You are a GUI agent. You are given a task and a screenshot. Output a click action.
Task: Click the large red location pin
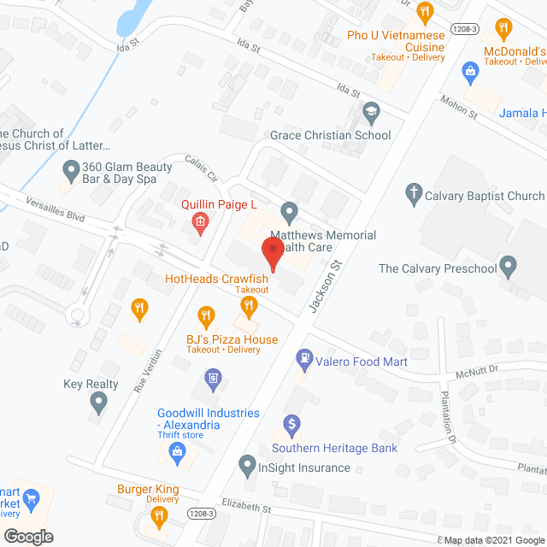tap(273, 255)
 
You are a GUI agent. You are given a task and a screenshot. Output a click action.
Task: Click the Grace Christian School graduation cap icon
tap(371, 111)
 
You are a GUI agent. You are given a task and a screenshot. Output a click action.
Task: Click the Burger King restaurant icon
tap(158, 515)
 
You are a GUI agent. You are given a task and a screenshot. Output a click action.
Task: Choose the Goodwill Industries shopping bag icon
tap(178, 454)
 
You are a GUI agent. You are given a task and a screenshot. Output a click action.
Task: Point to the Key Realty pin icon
tap(97, 403)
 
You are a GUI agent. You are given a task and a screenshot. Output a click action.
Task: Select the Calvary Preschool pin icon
tap(509, 267)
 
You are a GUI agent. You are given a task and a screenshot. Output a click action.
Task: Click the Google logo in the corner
tap(27, 537)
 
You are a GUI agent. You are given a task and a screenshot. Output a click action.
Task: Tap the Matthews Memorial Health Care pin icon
tap(290, 210)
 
